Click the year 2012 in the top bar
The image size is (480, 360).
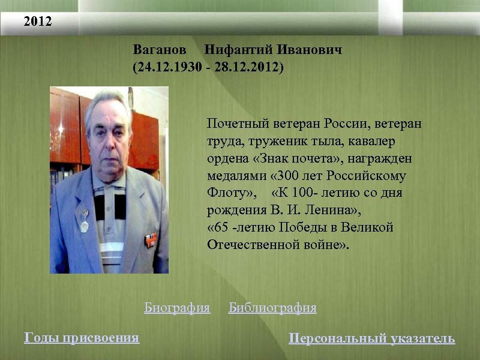38,22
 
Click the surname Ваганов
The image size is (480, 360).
160,49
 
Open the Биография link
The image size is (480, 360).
177,308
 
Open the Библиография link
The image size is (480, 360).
272,308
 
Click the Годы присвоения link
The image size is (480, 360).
82,338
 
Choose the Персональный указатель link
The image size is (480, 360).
372,338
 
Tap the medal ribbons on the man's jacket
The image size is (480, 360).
149,239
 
